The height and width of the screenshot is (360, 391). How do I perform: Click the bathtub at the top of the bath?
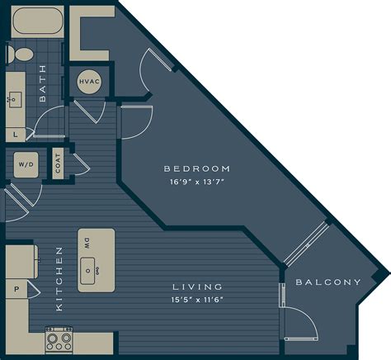pyautogui.click(x=32, y=21)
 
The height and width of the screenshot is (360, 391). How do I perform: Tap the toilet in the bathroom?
pyautogui.click(x=21, y=54)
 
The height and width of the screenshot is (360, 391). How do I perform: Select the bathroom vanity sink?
pyautogui.click(x=16, y=100)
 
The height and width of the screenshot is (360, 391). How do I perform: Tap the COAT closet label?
pyautogui.click(x=58, y=164)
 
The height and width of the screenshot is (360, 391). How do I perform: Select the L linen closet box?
pyautogui.click(x=16, y=133)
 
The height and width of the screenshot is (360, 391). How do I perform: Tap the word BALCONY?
pyautogui.click(x=328, y=282)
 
